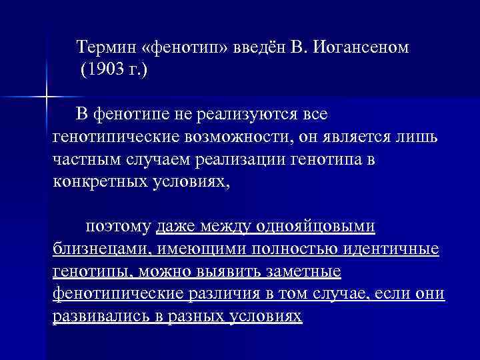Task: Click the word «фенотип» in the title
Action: pyautogui.click(x=184, y=48)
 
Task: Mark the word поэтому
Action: pyautogui.click(x=117, y=227)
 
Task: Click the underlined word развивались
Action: pyautogui.click(x=95, y=317)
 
